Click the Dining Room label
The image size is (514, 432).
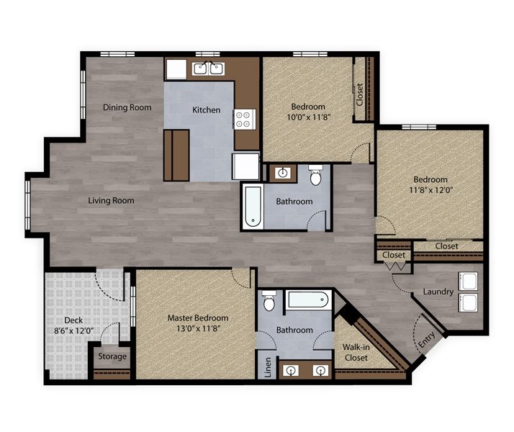coord(127,107)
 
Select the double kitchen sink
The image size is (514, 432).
coord(209,68)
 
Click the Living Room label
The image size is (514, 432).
coord(111,200)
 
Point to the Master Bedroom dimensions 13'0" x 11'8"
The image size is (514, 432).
coord(198,328)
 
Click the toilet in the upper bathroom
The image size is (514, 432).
coord(316,175)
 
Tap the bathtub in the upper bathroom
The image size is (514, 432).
coord(253,207)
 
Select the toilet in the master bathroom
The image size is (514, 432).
coord(269,300)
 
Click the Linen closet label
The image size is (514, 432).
coord(268,367)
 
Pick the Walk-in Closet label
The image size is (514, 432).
coord(356,352)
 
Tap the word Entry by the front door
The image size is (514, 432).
coord(426,340)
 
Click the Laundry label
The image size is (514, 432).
coord(438,292)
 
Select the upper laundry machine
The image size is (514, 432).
coord(468,282)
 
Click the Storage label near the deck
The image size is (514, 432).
coord(112,356)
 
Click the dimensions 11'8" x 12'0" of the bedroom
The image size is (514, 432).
coord(430,190)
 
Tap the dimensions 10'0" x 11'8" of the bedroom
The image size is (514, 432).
coord(308,117)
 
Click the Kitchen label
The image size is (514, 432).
coord(206,110)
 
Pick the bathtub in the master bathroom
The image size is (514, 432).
coord(308,300)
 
